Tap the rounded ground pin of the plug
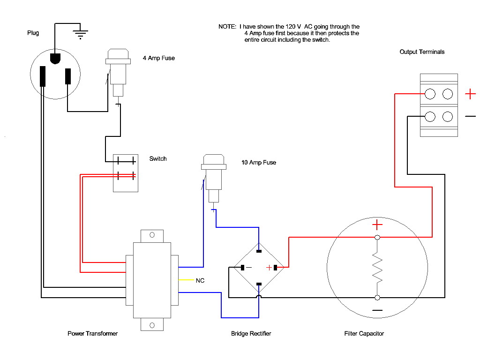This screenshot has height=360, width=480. click(55, 59)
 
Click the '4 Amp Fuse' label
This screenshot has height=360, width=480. click(158, 58)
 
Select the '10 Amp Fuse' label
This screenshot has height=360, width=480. click(259, 163)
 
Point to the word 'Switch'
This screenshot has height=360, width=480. click(158, 158)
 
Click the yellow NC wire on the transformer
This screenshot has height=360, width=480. click(186, 280)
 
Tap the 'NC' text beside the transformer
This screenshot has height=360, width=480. click(200, 280)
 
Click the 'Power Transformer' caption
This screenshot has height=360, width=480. click(92, 333)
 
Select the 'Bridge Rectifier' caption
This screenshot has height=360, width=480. click(251, 333)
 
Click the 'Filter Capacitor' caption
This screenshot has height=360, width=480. click(364, 333)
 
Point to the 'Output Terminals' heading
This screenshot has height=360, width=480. click(422, 52)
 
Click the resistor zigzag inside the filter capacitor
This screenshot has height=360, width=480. click(377, 267)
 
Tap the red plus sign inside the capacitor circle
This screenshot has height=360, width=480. click(377, 225)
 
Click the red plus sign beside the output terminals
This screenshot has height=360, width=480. click(470, 94)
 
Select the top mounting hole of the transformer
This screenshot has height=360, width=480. click(152, 235)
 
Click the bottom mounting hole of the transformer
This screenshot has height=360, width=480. click(152, 325)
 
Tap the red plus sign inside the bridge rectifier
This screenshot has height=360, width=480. click(269, 268)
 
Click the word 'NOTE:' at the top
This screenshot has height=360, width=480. click(227, 27)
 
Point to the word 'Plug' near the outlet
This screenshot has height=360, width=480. click(33, 33)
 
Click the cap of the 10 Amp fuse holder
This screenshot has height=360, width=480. click(214, 162)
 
